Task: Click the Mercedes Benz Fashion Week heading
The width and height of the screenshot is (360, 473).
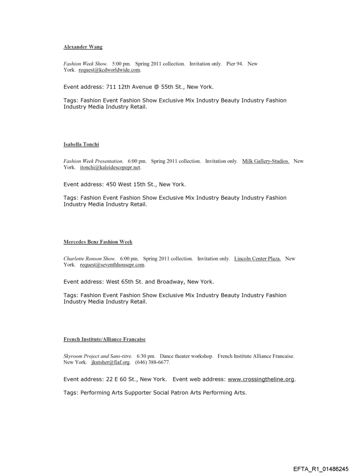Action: coord(98,242)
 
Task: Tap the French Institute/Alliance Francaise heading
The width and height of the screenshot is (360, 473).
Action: coord(105,339)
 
